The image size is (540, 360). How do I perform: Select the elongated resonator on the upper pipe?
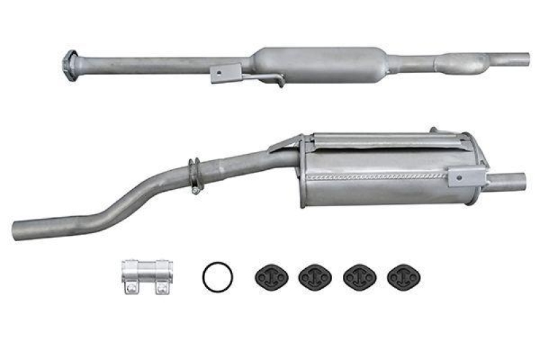(x=317, y=63)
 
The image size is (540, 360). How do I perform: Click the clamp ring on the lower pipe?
(x=194, y=175)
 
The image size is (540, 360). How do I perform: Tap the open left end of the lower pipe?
(x=20, y=228)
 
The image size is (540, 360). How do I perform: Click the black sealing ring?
(x=218, y=277)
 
